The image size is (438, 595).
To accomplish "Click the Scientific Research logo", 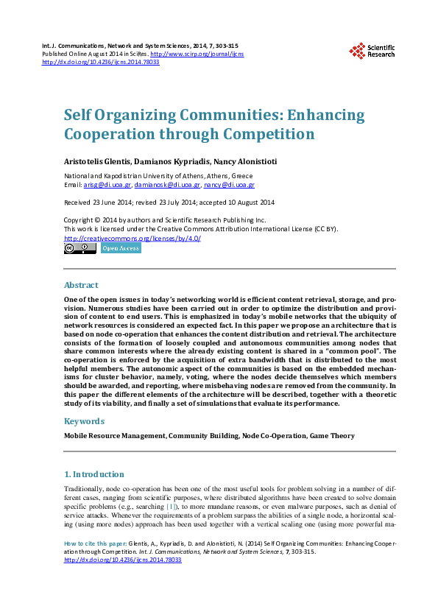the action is tap(372, 50).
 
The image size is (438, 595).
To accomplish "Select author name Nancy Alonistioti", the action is tap(251, 161).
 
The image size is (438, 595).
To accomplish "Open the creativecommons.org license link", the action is tap(133, 239).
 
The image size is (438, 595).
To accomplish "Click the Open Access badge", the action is tap(120, 249).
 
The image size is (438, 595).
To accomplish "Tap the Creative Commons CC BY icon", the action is tap(80, 249).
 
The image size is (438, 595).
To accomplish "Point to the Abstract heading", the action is tap(81, 284).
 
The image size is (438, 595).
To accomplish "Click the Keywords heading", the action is tap(85, 421).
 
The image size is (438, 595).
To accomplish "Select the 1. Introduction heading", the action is tap(93, 475).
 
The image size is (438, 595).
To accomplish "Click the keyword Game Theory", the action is tap(330, 436).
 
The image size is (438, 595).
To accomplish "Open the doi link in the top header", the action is tap(101, 63).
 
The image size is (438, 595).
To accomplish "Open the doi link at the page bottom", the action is tap(123, 560).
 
